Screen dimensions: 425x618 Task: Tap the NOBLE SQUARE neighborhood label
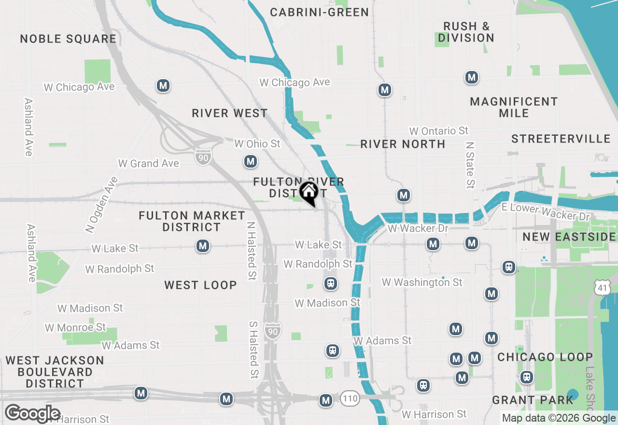[x=68, y=39]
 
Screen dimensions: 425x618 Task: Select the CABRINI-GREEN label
[x=320, y=12]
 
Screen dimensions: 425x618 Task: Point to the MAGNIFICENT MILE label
[x=514, y=107]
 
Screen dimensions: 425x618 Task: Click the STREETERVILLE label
[x=561, y=139]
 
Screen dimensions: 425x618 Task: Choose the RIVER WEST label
[x=230, y=113]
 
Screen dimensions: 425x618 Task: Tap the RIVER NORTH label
[x=403, y=144]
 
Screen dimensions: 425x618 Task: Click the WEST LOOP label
[x=200, y=285]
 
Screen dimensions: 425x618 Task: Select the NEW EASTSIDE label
[x=569, y=237]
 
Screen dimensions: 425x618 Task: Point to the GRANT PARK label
[x=533, y=400]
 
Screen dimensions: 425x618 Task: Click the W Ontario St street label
[x=439, y=131]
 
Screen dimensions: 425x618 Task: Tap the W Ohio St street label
[x=257, y=144]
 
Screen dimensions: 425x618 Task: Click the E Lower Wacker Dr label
[x=546, y=211]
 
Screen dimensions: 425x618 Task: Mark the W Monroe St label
[x=75, y=327]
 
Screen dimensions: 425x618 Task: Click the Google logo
[x=32, y=414]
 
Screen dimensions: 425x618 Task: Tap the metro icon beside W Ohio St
[x=250, y=161]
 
